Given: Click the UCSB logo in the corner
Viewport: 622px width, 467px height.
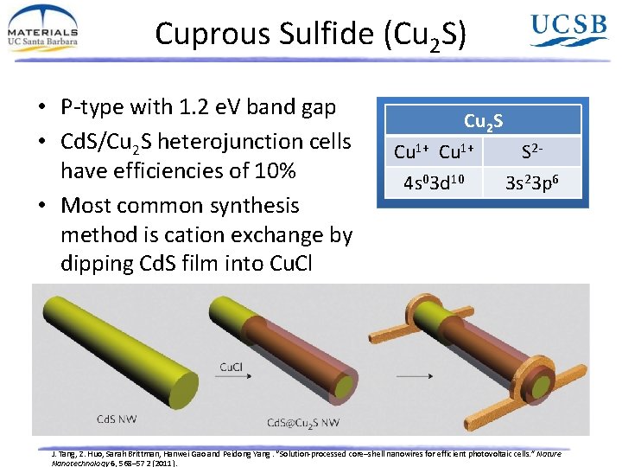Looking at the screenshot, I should (x=568, y=30).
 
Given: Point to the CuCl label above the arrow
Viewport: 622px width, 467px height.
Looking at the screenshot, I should (x=231, y=367).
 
